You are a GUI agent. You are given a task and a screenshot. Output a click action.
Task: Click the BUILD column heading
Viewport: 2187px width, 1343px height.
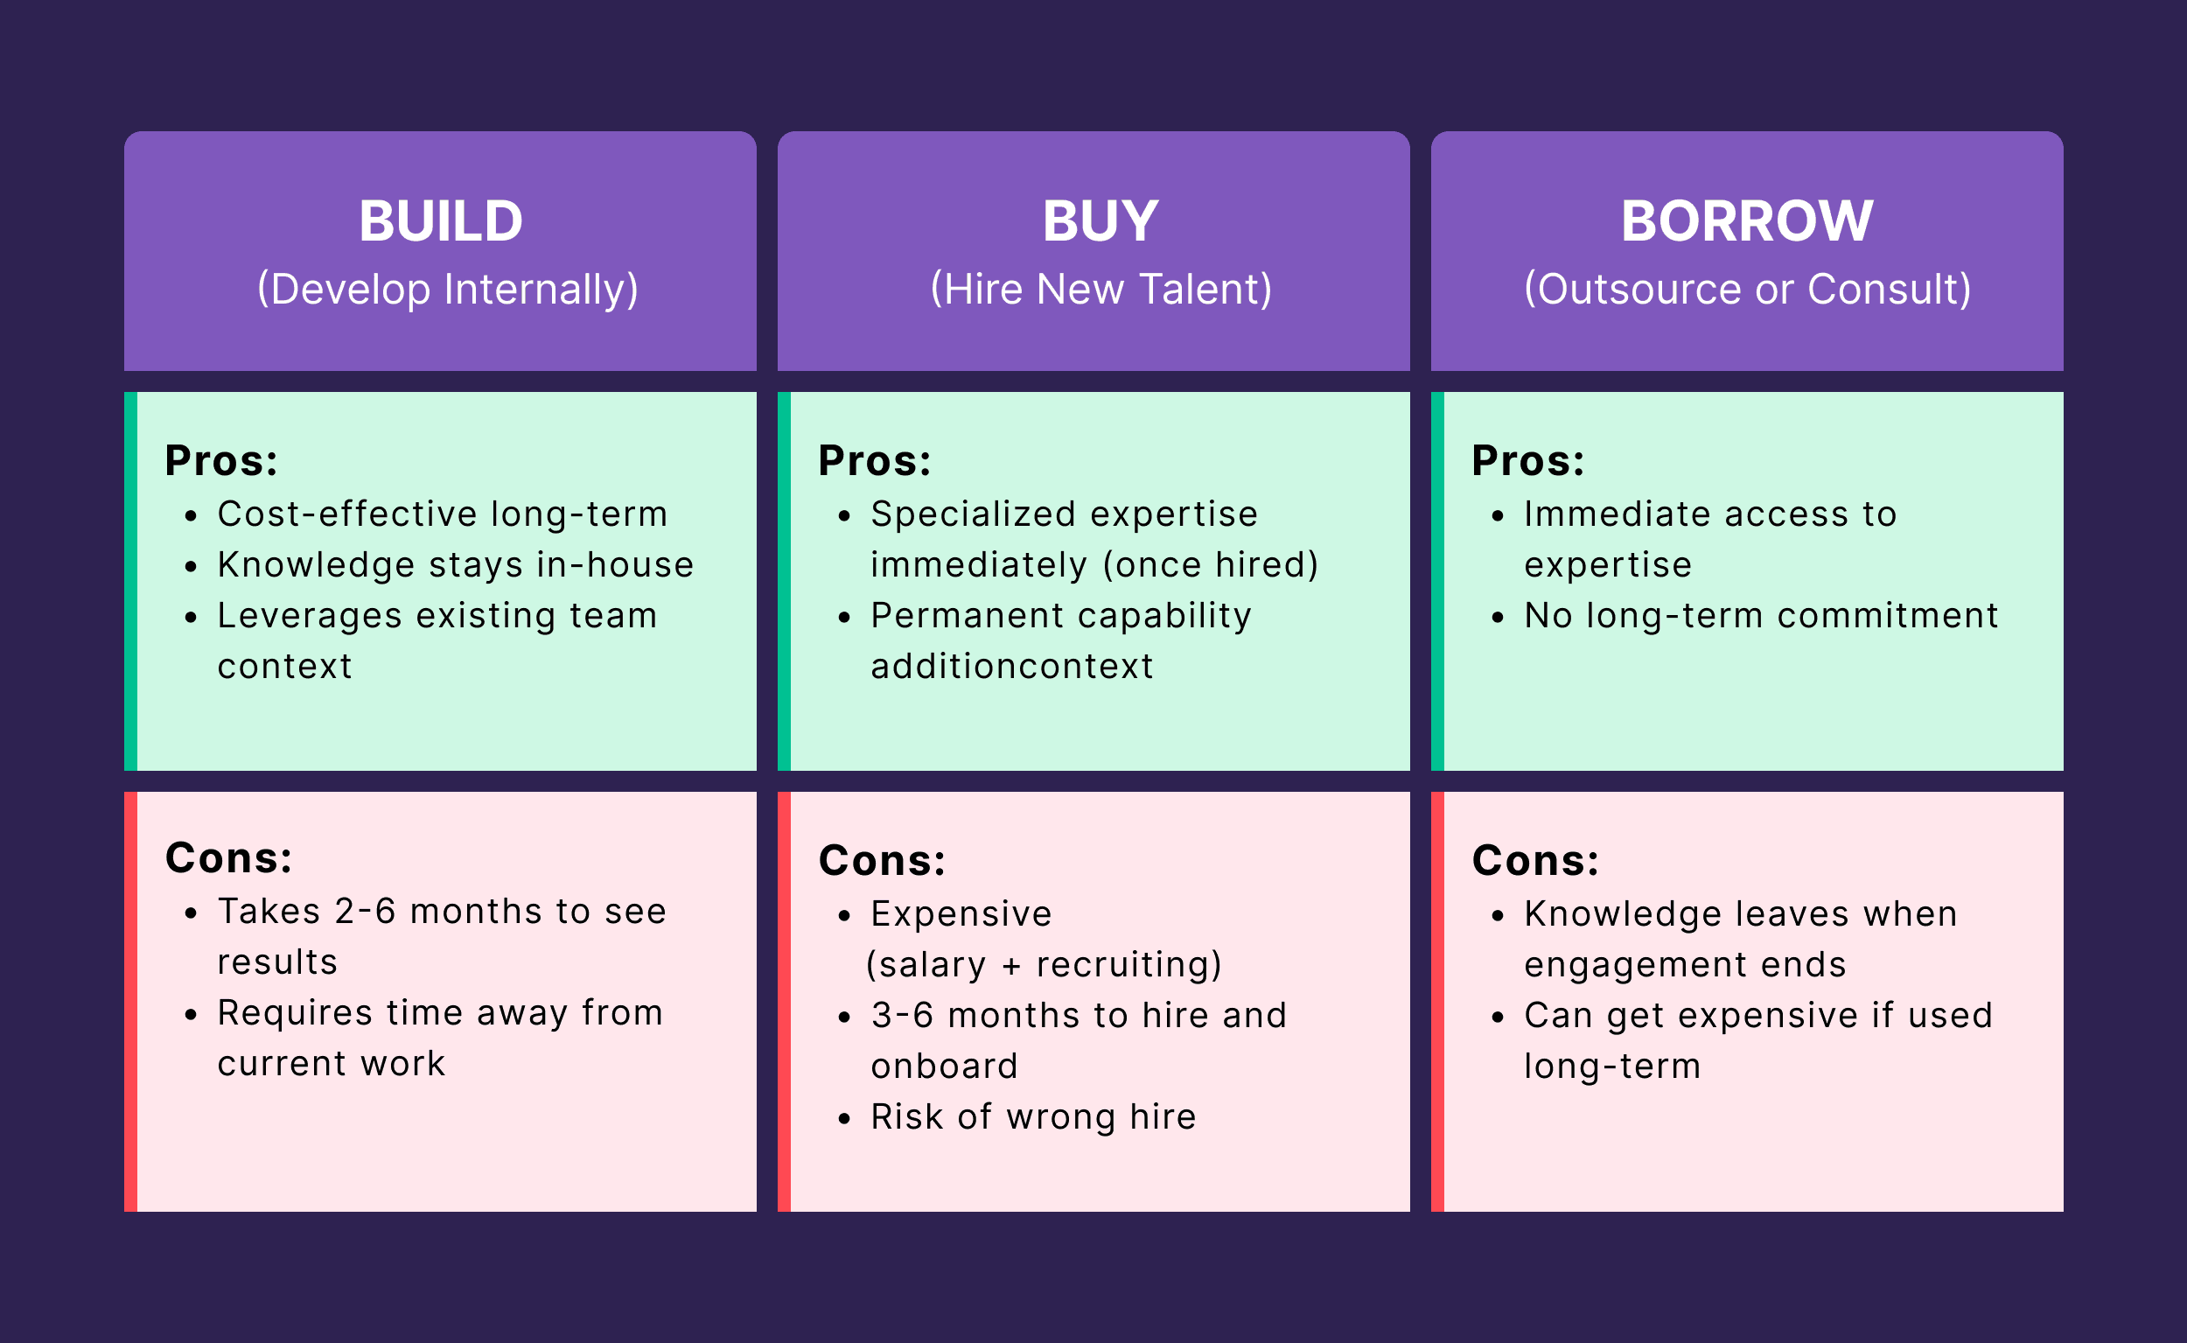coord(440,220)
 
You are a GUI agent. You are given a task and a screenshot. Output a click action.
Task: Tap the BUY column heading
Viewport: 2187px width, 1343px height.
coord(1100,220)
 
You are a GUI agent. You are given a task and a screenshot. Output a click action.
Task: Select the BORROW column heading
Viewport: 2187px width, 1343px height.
coord(1747,220)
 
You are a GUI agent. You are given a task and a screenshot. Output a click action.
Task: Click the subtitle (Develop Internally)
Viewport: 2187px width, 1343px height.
coord(448,290)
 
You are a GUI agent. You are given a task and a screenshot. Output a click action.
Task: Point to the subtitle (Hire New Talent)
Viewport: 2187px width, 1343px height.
coord(1100,290)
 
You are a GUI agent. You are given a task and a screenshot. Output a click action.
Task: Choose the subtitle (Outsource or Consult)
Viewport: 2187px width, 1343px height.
coord(1748,290)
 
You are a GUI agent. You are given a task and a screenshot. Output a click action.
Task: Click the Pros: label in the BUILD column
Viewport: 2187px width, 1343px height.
coord(221,461)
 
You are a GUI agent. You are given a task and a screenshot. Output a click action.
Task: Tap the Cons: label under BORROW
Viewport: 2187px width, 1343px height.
coord(1534,861)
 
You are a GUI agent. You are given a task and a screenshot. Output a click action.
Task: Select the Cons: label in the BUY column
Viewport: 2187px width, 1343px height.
coord(882,861)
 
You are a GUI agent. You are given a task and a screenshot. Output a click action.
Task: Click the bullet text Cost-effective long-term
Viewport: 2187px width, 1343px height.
coord(442,514)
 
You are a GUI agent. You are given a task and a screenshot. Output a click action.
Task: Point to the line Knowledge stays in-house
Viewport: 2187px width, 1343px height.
coord(456,565)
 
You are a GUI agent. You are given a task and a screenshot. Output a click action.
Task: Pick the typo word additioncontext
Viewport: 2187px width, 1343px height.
coord(1011,666)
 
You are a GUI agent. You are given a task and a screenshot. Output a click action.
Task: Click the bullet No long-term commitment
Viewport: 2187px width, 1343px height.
coord(1761,616)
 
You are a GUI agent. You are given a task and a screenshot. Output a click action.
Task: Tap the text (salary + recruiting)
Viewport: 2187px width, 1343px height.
coord(1044,965)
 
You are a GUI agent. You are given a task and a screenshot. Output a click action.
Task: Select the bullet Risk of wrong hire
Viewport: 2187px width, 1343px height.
coord(1032,1116)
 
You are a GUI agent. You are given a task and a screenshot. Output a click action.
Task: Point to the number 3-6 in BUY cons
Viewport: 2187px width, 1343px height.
coord(901,1015)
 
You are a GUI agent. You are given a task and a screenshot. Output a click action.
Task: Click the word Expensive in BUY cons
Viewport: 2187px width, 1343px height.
coord(961,914)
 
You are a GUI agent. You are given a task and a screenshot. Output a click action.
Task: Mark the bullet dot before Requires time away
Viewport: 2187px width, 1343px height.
coord(191,1014)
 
